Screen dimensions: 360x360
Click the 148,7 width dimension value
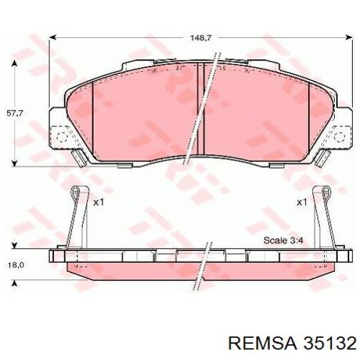(201, 37)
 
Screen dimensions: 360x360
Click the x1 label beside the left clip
(99, 202)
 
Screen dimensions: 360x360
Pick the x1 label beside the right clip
(301, 202)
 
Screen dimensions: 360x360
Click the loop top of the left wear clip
(76, 191)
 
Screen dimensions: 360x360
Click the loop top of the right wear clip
(325, 191)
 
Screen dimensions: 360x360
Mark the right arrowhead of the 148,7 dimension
(350, 37)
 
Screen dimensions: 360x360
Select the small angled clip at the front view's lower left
(77, 158)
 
